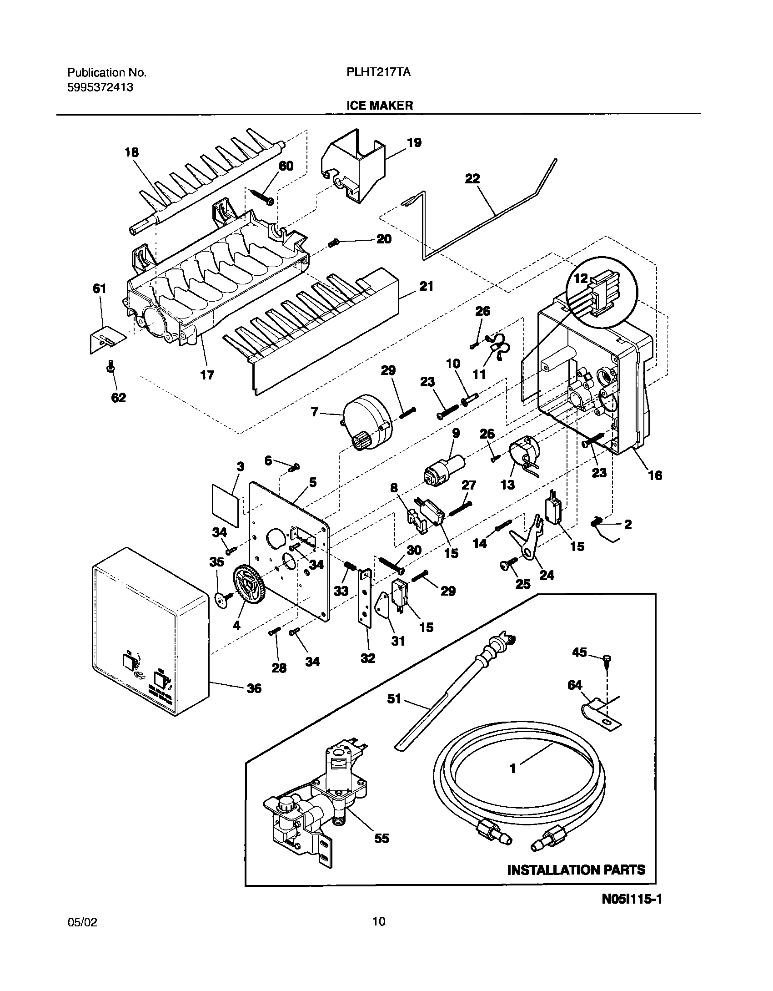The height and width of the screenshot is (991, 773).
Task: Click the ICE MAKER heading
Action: tap(380, 106)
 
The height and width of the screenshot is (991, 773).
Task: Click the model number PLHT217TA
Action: tap(376, 72)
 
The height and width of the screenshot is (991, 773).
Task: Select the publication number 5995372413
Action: tap(100, 87)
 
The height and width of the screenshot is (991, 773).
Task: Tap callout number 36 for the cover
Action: tap(254, 688)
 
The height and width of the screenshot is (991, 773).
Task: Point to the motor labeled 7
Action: tap(366, 421)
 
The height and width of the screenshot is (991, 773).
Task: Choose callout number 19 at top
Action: tap(414, 143)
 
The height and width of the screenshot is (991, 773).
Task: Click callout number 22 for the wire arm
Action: tap(472, 178)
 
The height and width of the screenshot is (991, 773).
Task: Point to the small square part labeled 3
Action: tap(226, 500)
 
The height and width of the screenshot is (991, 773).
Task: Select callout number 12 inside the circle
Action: tap(581, 278)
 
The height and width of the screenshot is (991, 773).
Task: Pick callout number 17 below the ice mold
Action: tap(207, 375)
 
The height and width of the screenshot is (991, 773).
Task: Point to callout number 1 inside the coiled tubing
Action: tap(512, 769)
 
